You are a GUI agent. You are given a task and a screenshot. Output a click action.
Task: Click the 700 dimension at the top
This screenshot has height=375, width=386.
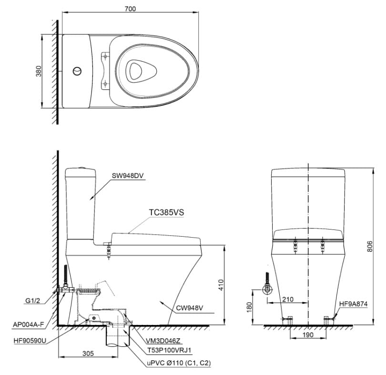130,8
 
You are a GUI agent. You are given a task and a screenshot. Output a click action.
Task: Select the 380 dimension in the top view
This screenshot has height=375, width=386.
39,71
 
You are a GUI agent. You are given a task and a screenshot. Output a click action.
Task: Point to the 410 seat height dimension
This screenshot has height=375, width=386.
220,285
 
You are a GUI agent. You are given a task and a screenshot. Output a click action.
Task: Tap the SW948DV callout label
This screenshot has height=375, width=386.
128,175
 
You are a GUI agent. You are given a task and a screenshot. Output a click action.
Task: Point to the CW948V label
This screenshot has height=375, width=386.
190,308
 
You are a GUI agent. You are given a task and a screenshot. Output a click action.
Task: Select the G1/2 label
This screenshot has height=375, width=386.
33,301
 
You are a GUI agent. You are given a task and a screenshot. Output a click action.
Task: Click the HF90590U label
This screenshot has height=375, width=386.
28,340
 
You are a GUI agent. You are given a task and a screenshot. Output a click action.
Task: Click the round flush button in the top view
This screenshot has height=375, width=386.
76,71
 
